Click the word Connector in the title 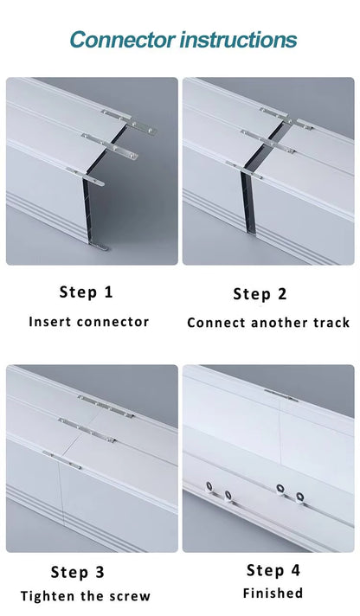(122, 41)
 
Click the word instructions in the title (239, 41)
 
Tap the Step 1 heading (86, 292)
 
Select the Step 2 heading (260, 294)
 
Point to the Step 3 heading (77, 572)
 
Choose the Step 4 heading (273, 570)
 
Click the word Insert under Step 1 (51, 322)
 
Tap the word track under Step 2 (331, 323)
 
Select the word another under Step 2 (280, 323)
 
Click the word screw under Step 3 (130, 597)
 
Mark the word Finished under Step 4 (273, 593)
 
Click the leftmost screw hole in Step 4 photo (209, 487)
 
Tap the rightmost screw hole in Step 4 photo (300, 497)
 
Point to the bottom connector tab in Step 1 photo (99, 246)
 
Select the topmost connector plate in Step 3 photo (106, 407)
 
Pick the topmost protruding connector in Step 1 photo (129, 122)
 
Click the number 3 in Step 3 (100, 573)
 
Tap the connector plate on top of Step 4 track (280, 395)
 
